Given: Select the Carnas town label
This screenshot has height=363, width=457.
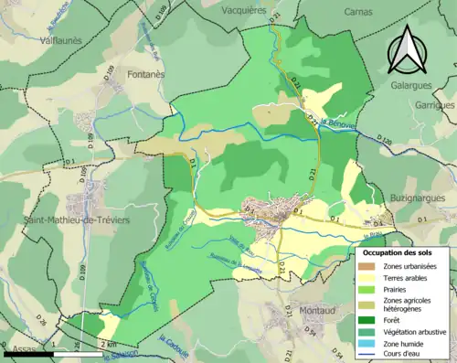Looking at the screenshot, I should coord(358,13).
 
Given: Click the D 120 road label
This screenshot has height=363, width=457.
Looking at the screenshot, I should coord(384,141).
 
